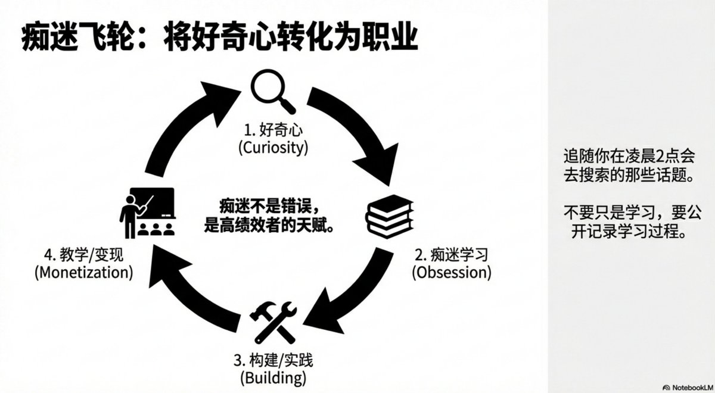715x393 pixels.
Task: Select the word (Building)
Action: click(272, 378)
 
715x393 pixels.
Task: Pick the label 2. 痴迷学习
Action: click(452, 255)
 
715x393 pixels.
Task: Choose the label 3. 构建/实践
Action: click(273, 360)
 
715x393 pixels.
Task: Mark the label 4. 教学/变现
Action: click(83, 255)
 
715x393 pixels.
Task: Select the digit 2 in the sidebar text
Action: click(648, 155)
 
